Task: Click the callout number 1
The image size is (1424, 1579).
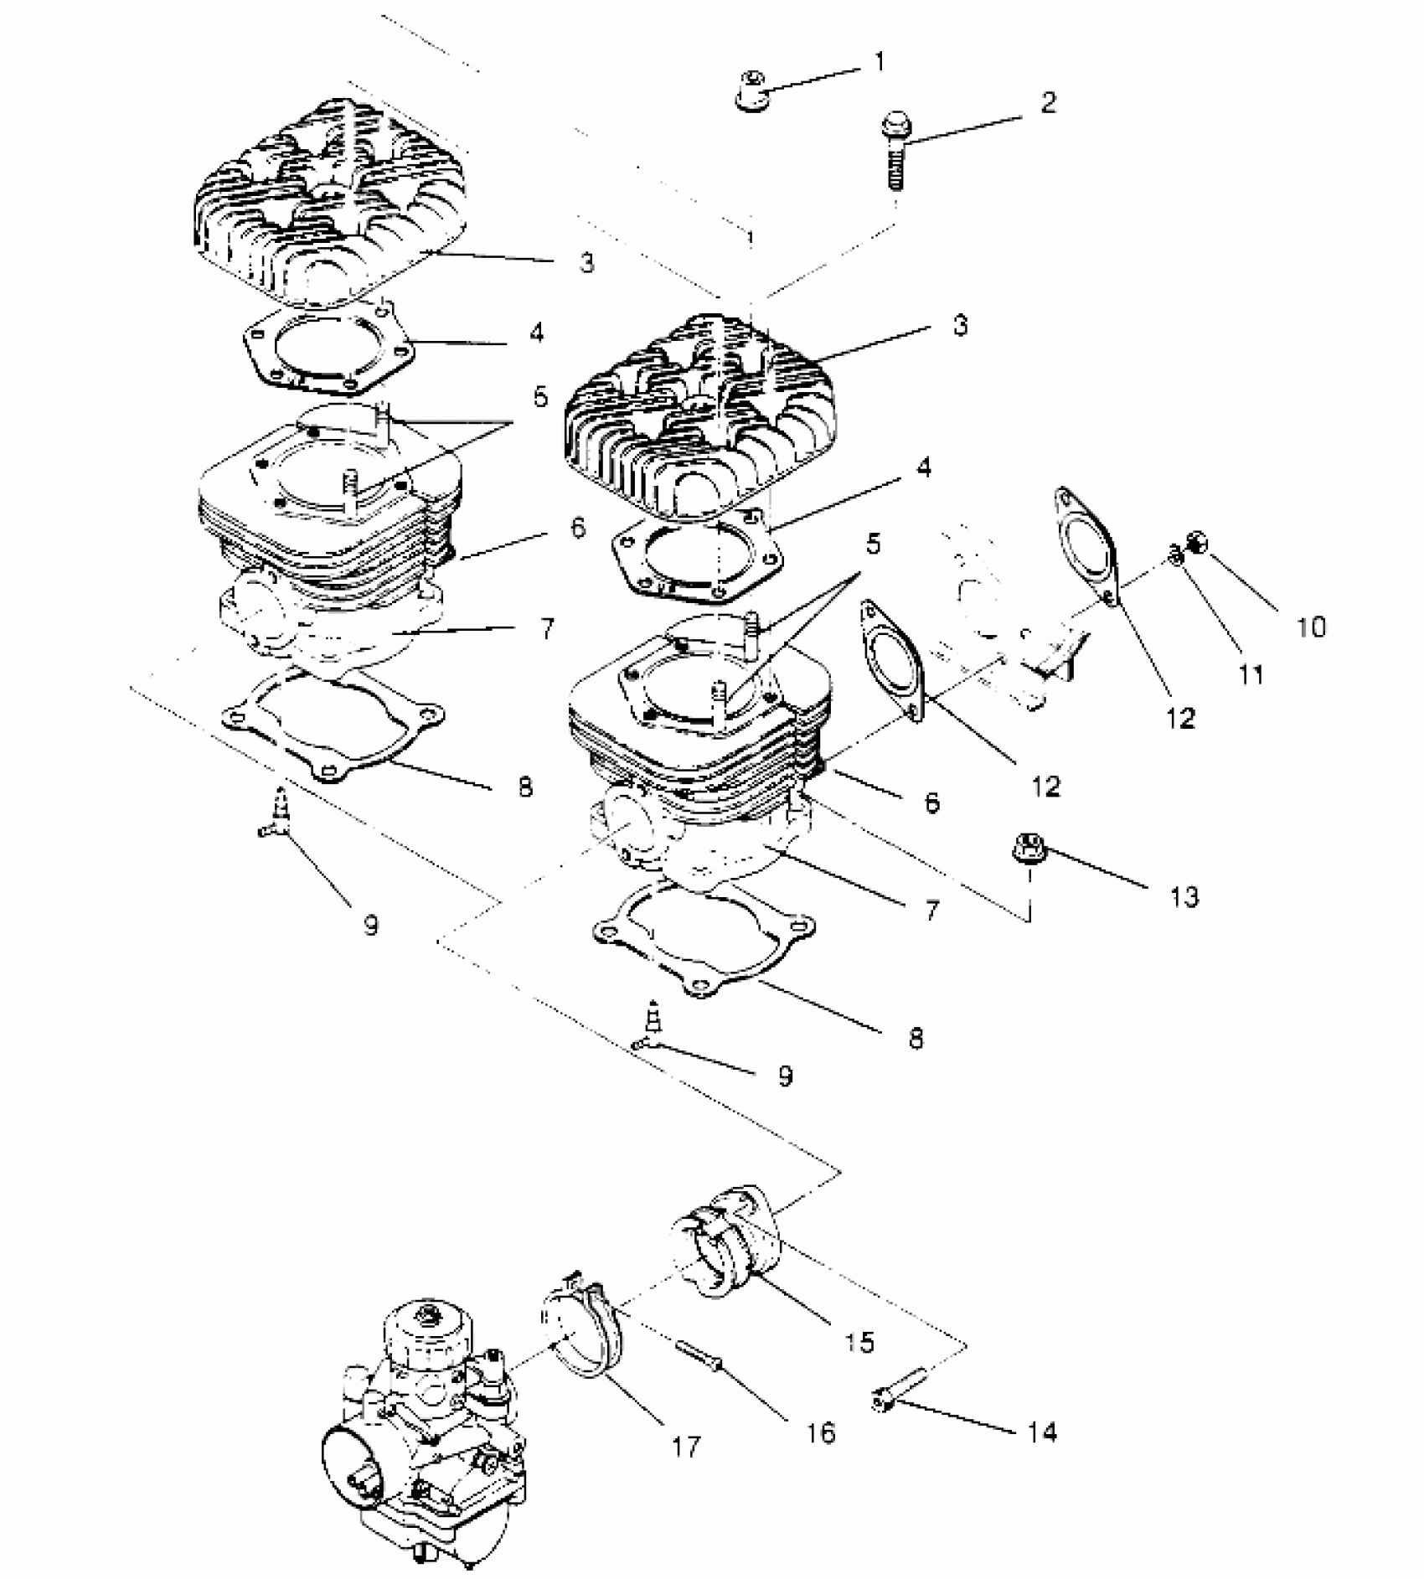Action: click(879, 62)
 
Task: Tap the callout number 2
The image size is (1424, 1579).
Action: click(1048, 102)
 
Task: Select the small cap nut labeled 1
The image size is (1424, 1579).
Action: click(752, 90)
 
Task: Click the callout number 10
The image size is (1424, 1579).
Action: click(1312, 627)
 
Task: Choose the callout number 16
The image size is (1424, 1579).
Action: click(822, 1432)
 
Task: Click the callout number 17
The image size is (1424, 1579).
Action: click(685, 1446)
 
